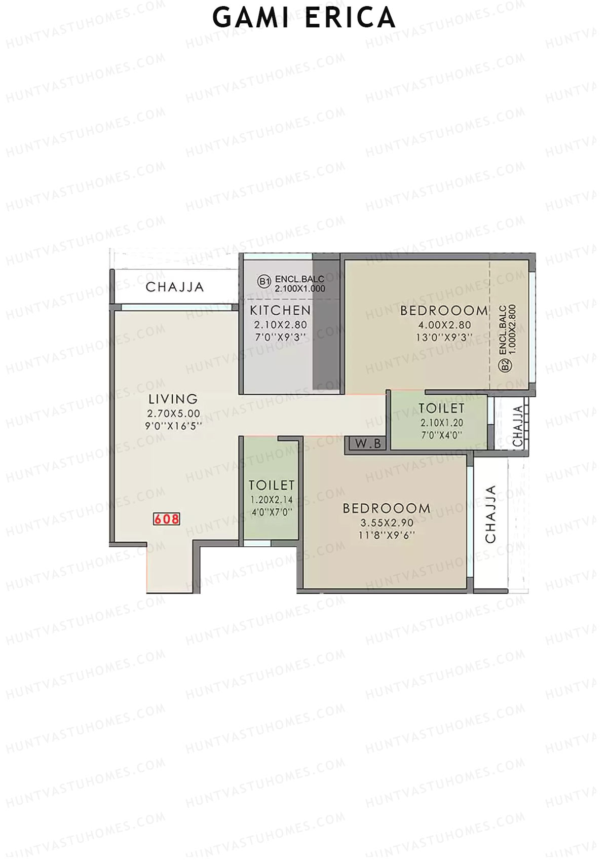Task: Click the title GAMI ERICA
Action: [x=304, y=18]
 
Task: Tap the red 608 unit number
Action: [x=167, y=519]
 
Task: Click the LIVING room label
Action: [x=173, y=399]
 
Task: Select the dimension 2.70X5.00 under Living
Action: [x=173, y=414]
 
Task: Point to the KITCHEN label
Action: [x=280, y=310]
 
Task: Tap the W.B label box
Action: [x=368, y=444]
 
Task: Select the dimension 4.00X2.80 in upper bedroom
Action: [x=444, y=325]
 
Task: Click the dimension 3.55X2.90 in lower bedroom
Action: [x=387, y=522]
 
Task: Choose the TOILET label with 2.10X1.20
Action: [x=441, y=408]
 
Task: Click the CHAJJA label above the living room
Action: [x=175, y=287]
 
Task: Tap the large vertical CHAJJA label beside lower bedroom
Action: [x=491, y=514]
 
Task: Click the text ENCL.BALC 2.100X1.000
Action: [x=299, y=284]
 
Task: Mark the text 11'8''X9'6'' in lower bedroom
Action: [x=387, y=534]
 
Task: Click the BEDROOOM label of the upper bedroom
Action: [x=444, y=311]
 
